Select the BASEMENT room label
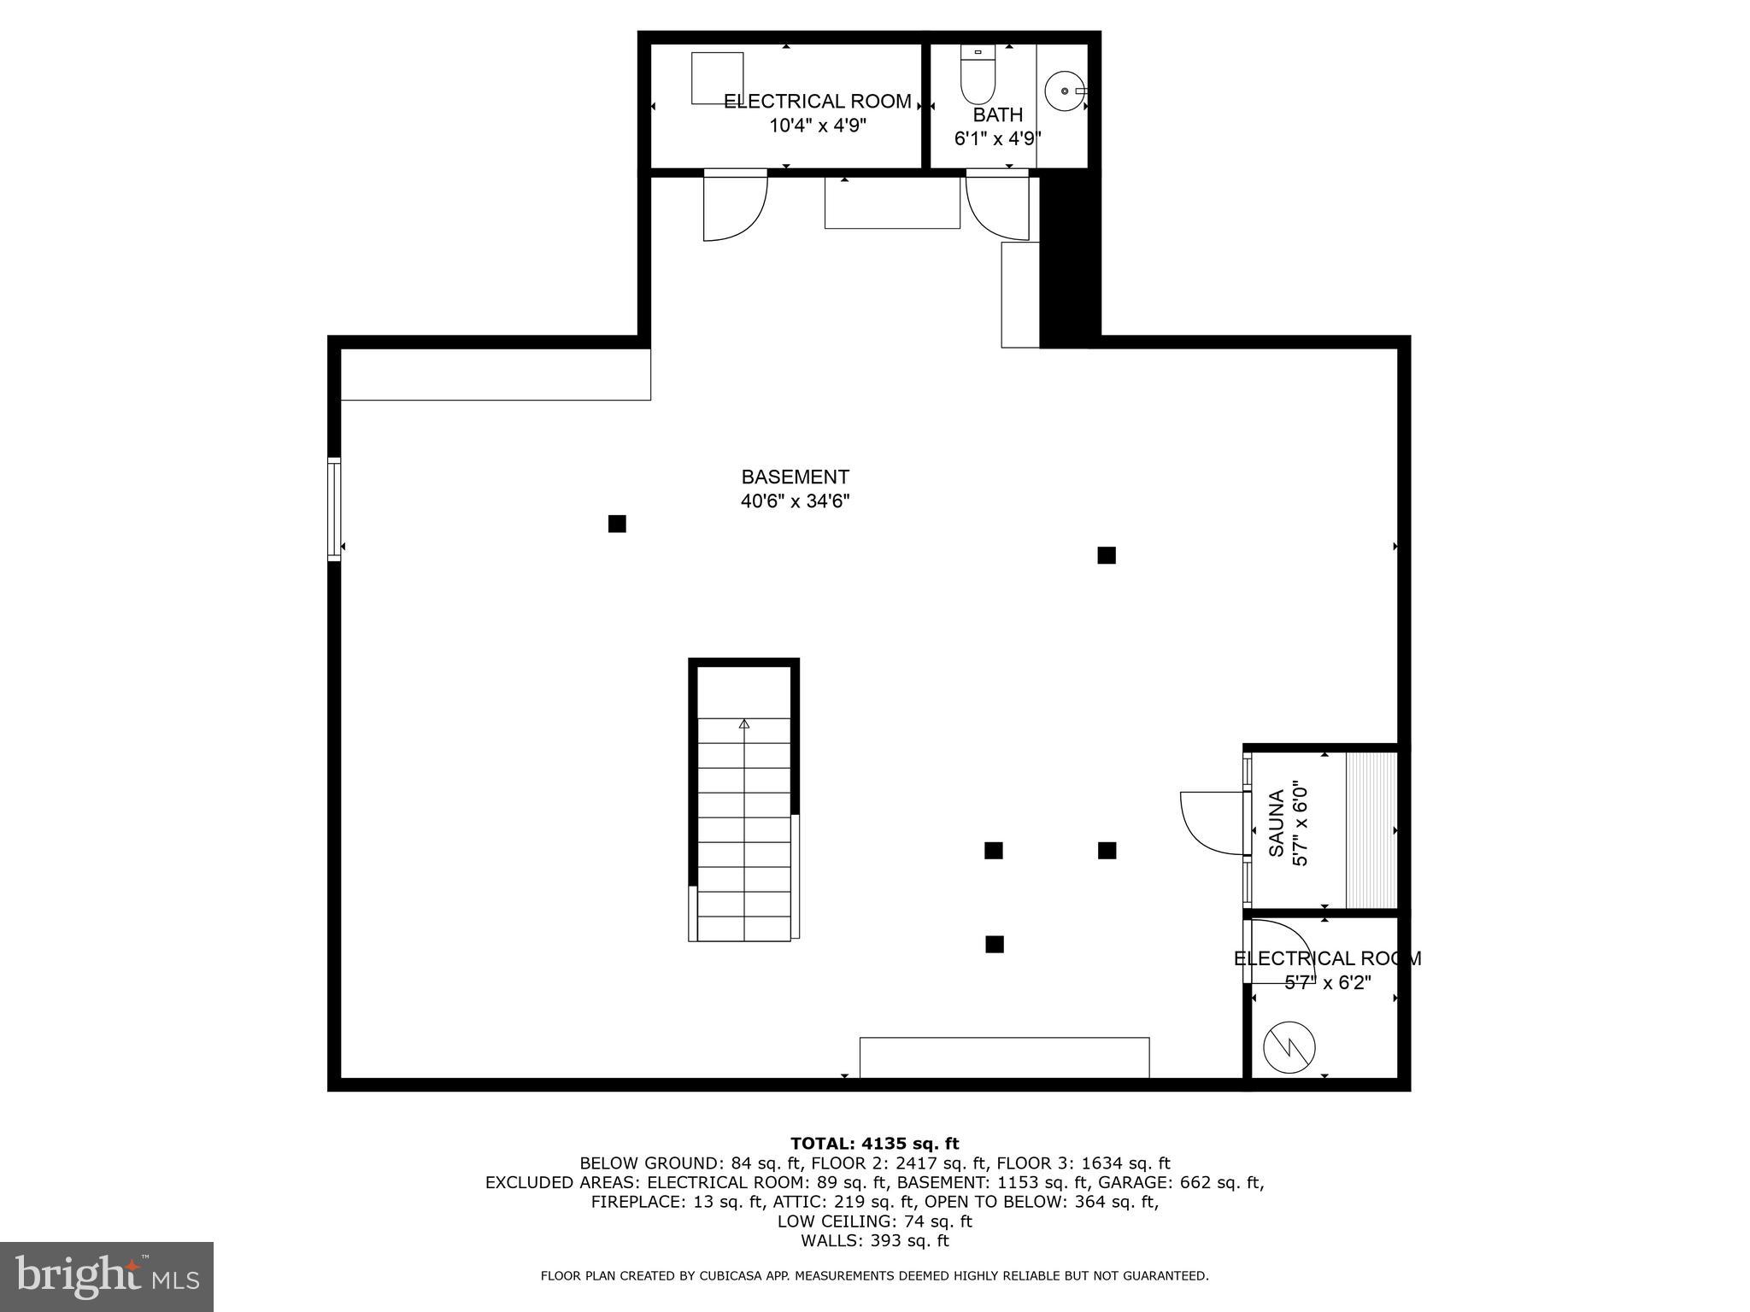pos(795,477)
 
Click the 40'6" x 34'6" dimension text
pos(795,501)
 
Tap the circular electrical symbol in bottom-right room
pos(1289,1047)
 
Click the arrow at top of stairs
pos(743,724)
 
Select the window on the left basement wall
pos(334,509)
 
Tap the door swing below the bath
pos(995,205)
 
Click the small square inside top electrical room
pos(717,78)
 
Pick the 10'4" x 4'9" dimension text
pos(818,126)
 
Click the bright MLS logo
pos(107,1276)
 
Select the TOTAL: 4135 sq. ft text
pos(874,1144)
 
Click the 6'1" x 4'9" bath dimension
pos(997,138)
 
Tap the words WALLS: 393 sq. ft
pos(874,1241)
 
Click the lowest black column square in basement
pos(994,944)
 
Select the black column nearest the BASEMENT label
pos(617,524)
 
